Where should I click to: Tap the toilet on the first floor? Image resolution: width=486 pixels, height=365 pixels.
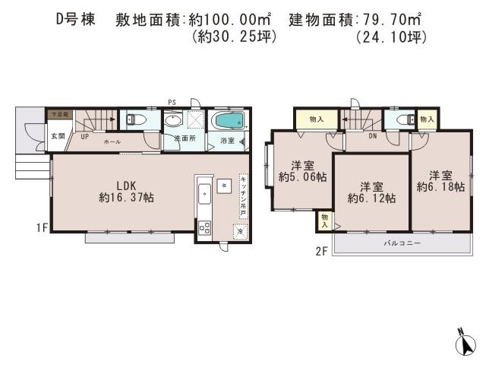133,119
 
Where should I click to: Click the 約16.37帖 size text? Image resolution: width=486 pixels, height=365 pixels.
126,197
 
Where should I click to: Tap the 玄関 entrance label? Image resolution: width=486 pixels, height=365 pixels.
58,136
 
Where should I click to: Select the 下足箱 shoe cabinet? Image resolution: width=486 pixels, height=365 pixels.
59,114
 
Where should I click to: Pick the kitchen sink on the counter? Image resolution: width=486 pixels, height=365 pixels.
204,195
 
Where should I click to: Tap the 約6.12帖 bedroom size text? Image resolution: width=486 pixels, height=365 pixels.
371,198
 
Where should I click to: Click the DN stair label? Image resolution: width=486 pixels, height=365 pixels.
373,137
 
